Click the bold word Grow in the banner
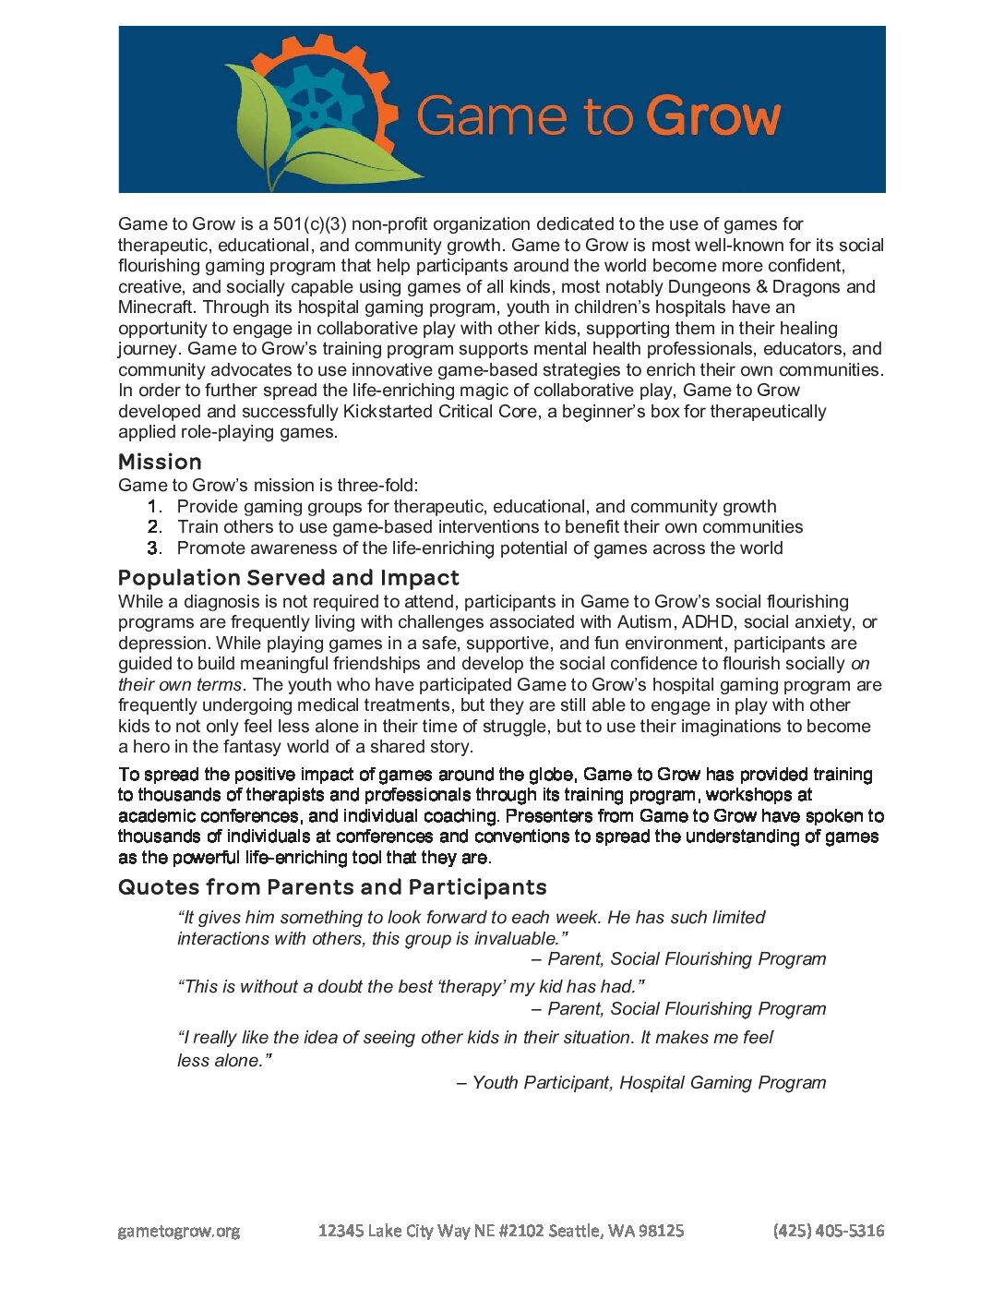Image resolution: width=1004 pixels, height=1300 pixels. (x=712, y=117)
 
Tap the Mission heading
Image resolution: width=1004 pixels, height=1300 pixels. (x=160, y=462)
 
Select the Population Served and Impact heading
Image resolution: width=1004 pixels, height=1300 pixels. (x=288, y=578)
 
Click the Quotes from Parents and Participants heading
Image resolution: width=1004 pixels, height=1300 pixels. (x=332, y=887)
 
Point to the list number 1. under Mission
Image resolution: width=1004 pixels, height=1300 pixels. (x=155, y=506)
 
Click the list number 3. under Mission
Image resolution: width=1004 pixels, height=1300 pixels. (x=155, y=548)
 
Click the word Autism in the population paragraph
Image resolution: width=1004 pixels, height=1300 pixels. (x=645, y=621)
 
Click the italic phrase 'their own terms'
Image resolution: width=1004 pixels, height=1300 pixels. (x=180, y=684)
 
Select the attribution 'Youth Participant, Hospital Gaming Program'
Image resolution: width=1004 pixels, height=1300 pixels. (x=649, y=1082)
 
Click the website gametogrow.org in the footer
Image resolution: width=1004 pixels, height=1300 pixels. (x=179, y=1231)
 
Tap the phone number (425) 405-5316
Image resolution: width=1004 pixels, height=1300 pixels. (x=829, y=1230)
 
